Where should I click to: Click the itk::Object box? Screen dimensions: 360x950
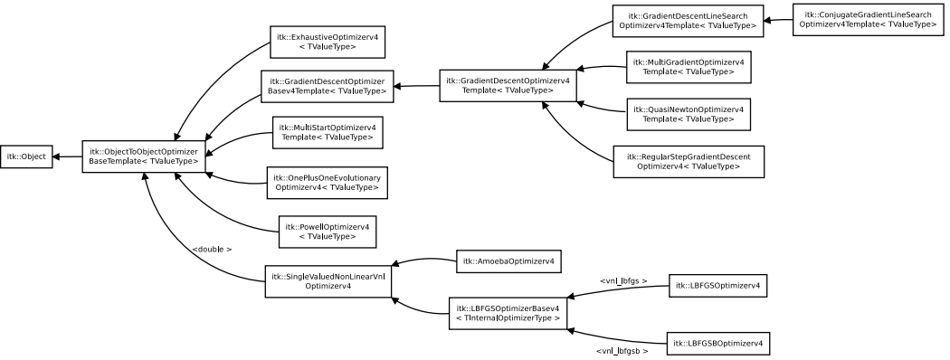tap(25, 156)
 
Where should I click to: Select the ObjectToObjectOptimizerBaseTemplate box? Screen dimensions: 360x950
tap(144, 156)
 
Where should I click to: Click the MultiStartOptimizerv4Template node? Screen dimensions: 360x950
tap(327, 132)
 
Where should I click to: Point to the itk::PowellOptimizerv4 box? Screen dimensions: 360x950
tap(327, 231)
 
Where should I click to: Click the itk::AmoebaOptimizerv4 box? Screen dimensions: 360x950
tap(509, 262)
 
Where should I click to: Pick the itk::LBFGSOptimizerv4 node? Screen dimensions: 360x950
tap(717, 287)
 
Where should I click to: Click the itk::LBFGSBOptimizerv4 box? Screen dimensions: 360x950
tap(718, 344)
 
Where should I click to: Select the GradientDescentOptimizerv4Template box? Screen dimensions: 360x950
tap(508, 85)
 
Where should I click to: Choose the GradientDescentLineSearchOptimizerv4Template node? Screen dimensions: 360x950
tap(686, 21)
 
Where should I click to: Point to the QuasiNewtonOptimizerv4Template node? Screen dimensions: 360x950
tap(688, 114)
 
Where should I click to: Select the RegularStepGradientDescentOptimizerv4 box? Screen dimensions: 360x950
tap(688, 161)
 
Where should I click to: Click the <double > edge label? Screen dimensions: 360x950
tap(212, 249)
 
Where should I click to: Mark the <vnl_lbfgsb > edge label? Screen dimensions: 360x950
tap(622, 350)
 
